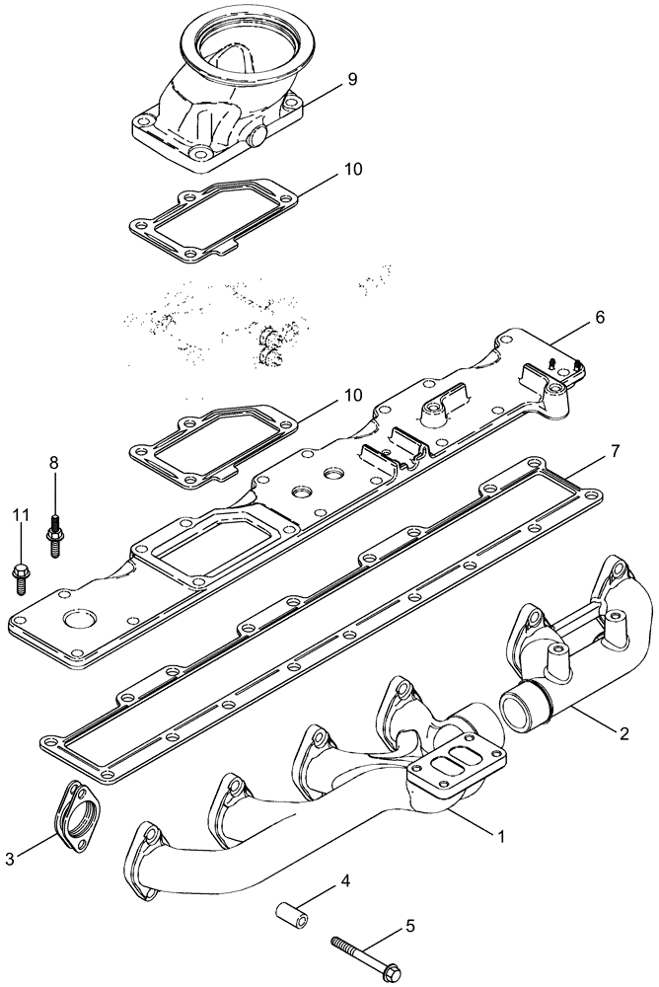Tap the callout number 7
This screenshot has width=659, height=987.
pos(614,451)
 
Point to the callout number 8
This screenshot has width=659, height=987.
pos(54,462)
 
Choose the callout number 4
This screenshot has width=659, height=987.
pos(345,880)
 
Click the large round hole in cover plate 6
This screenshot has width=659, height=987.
pos(76,621)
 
